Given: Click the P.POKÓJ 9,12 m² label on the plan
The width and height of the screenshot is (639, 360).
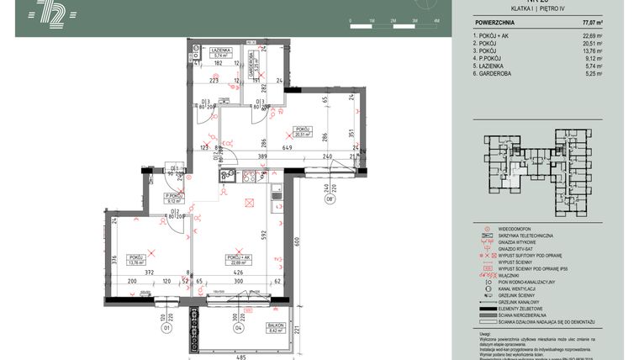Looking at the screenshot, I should click(x=175, y=199).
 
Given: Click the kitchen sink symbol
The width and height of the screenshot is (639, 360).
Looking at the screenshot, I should click(x=224, y=176).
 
